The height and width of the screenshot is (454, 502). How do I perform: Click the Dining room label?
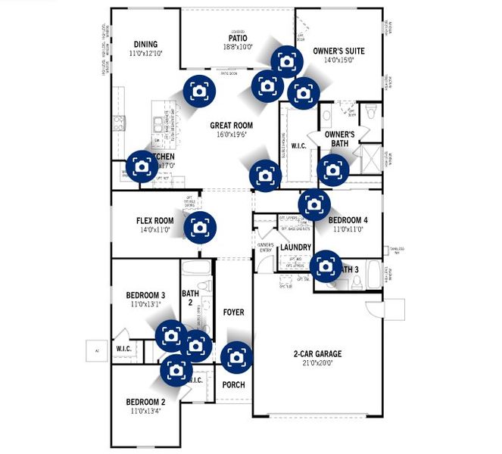(145, 44)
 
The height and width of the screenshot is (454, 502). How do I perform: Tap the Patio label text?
(239, 37)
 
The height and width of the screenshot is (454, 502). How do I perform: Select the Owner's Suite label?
(338, 51)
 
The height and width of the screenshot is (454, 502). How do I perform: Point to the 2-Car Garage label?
(318, 353)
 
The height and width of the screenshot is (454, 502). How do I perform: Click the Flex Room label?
(155, 221)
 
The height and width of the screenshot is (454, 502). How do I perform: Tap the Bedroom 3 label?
(145, 295)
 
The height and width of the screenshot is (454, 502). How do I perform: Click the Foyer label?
(234, 312)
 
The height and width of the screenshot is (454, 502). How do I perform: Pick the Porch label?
(233, 384)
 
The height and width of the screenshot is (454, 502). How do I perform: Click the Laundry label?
(296, 247)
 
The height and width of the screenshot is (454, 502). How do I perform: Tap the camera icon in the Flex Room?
(200, 226)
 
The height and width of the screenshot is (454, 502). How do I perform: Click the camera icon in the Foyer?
(236, 356)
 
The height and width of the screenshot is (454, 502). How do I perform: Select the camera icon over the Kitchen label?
(142, 166)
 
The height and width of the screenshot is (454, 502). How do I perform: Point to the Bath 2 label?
(190, 297)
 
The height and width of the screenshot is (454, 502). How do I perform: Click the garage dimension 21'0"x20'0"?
(318, 362)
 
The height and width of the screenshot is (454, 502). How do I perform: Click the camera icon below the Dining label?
(199, 91)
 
